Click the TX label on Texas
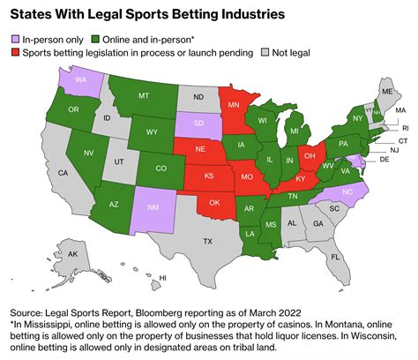point(209,241)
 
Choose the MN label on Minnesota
point(234,104)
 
